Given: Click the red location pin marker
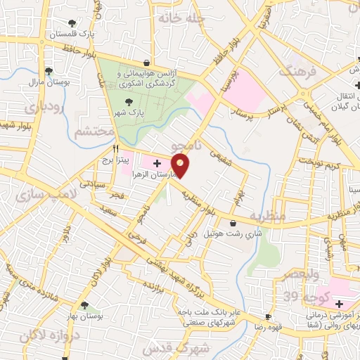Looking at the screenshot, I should coord(181,166).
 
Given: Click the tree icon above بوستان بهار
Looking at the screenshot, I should coord(84,306).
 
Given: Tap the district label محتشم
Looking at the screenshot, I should coord(94,131).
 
